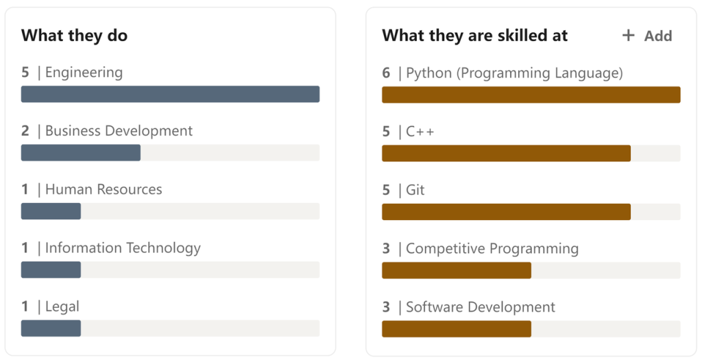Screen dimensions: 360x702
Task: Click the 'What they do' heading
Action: (x=74, y=36)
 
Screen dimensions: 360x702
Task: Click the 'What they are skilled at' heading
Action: (x=474, y=36)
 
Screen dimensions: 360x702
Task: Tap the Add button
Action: (x=647, y=36)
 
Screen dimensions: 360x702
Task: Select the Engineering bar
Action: (x=170, y=94)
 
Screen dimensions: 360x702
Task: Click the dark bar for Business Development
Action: (x=80, y=152)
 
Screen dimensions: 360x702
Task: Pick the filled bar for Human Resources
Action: (x=51, y=211)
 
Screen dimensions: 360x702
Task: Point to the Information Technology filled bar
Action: (x=51, y=269)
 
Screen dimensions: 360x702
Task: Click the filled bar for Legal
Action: (x=51, y=328)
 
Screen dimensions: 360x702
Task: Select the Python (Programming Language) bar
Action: (x=531, y=95)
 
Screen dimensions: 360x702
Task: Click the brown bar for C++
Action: (x=506, y=153)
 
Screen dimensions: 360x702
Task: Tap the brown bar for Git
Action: (x=506, y=212)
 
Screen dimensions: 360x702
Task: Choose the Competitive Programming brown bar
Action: (x=456, y=270)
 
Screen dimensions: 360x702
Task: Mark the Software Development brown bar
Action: (x=456, y=328)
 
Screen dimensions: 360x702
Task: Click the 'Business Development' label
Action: (x=119, y=131)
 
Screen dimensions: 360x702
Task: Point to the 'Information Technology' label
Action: (x=123, y=248)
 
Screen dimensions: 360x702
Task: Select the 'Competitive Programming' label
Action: (x=492, y=249)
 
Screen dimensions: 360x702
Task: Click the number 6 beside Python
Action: (x=386, y=73)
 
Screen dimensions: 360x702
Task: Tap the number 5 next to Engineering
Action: (x=25, y=73)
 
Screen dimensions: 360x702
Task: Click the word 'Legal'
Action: (x=62, y=307)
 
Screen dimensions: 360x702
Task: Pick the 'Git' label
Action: (x=415, y=190)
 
